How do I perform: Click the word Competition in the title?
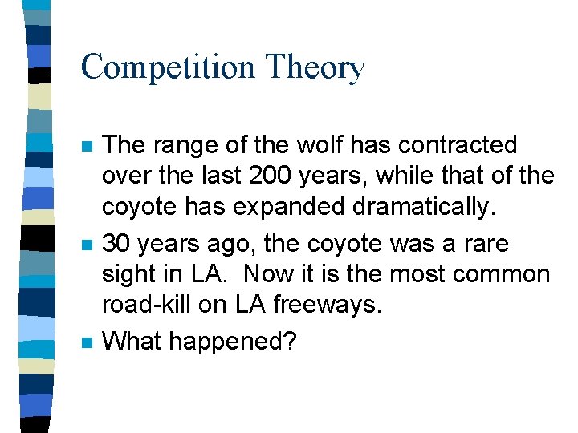pyautogui.click(x=166, y=67)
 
